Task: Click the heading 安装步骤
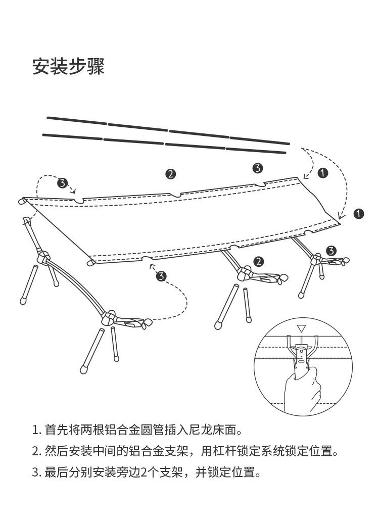[x=68, y=66]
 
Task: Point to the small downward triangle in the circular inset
[x=302, y=328]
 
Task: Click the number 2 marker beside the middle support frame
[x=259, y=261]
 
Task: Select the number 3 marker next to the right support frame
[x=331, y=250]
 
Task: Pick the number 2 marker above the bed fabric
[x=171, y=174]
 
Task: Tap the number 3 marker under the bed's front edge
[x=161, y=276]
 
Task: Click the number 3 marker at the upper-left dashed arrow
[x=62, y=183]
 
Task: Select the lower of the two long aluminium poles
[x=165, y=144]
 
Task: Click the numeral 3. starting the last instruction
[x=36, y=473]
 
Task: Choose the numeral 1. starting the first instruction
[x=36, y=431]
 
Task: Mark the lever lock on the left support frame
[x=129, y=322]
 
